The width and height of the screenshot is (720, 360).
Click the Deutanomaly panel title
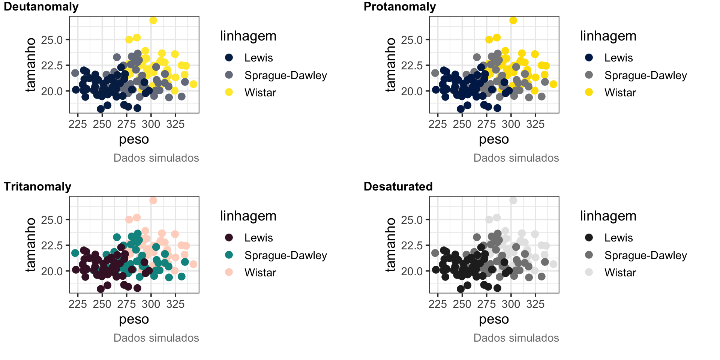pos(41,7)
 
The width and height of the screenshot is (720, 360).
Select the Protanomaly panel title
pos(400,7)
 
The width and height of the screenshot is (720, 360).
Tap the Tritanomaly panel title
pos(37,187)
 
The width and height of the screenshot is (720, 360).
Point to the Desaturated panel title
pos(398,187)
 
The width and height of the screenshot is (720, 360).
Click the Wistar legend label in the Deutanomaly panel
pos(260,93)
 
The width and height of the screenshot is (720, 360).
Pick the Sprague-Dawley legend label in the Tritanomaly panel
pos(285,255)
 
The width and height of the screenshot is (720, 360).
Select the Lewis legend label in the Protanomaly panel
pos(618,58)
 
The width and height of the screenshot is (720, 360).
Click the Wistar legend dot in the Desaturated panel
pos(589,272)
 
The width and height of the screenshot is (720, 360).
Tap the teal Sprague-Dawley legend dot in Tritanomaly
pos(229,255)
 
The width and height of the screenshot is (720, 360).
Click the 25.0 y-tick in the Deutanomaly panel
pos(52,40)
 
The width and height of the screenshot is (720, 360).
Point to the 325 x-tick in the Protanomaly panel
pos(535,124)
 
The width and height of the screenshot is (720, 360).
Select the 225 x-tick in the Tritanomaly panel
pos(78,304)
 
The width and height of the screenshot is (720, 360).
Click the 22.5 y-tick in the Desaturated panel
pos(412,246)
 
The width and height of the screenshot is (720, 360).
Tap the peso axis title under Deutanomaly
pos(134,139)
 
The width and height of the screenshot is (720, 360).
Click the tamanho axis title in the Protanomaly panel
pos(391,65)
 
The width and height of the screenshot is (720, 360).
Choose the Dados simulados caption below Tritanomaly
pos(156,338)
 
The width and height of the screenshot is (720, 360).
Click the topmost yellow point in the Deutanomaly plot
pos(153,20)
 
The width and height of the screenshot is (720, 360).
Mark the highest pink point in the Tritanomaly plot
pos(153,200)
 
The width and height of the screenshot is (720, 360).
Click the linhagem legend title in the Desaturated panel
pos(608,216)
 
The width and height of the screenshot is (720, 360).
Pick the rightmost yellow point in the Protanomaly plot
pos(553,84)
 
